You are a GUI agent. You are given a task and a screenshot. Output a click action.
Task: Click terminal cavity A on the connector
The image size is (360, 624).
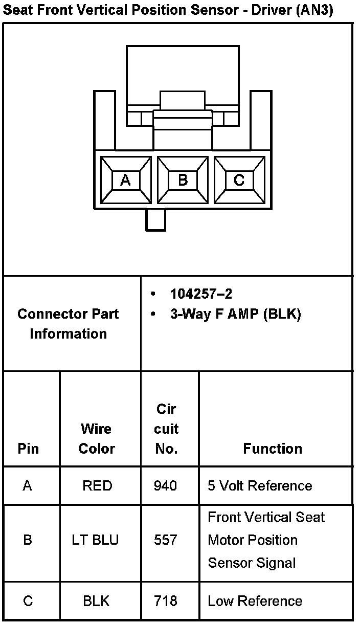[126, 180]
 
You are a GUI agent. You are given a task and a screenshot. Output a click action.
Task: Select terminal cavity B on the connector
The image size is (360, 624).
[183, 180]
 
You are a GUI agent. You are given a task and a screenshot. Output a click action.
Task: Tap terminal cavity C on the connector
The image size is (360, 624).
[239, 180]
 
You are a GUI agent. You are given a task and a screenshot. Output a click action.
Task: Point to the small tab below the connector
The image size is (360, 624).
[155, 220]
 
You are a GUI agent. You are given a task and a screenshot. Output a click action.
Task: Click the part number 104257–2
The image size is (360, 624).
[201, 294]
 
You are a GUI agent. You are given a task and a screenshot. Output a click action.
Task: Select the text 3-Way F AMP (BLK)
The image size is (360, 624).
[235, 314]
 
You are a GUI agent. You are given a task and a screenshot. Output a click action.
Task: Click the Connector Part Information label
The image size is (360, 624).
[68, 324]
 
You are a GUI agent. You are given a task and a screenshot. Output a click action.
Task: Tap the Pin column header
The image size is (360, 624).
[28, 449]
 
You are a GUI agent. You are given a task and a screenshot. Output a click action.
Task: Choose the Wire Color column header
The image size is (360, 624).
[97, 438]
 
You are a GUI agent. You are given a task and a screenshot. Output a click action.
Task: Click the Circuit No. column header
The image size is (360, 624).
[166, 429]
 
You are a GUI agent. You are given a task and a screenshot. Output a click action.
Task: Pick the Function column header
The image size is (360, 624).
[273, 449]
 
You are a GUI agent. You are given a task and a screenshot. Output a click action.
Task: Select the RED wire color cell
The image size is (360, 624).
[97, 485]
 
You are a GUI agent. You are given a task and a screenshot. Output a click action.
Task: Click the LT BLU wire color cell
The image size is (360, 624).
[96, 540]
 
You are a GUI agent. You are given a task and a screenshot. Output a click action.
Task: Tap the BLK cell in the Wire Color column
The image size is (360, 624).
[96, 601]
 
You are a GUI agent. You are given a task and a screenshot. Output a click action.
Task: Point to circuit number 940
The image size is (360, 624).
[166, 485]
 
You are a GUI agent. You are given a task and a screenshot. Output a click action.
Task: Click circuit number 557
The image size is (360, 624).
[166, 540]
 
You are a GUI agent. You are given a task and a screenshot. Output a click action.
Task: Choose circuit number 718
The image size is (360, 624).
[166, 601]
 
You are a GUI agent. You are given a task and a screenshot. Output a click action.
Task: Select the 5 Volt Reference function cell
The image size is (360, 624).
[260, 485]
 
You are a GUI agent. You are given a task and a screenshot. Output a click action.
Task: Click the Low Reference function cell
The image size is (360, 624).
[255, 601]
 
